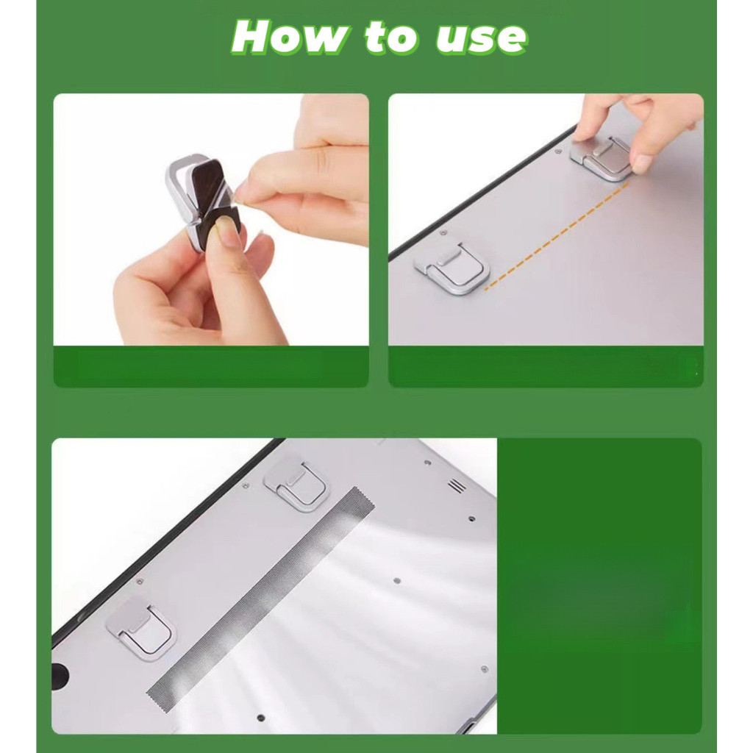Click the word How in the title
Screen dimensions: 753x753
(x=290, y=37)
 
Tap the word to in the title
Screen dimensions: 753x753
(x=390, y=37)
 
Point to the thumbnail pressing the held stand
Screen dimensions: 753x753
(x=227, y=230)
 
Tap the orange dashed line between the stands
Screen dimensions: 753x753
(x=557, y=236)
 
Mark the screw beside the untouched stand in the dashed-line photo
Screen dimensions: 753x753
(x=443, y=233)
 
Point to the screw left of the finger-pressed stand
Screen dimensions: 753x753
(x=557, y=151)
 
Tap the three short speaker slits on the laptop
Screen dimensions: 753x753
(x=457, y=485)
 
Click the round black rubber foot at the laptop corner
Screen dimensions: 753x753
(x=60, y=675)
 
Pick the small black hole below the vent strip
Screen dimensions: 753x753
(x=261, y=718)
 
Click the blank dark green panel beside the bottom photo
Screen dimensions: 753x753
(x=599, y=585)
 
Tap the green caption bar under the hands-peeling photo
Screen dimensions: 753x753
(x=211, y=366)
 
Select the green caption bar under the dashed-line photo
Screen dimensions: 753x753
(x=546, y=366)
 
